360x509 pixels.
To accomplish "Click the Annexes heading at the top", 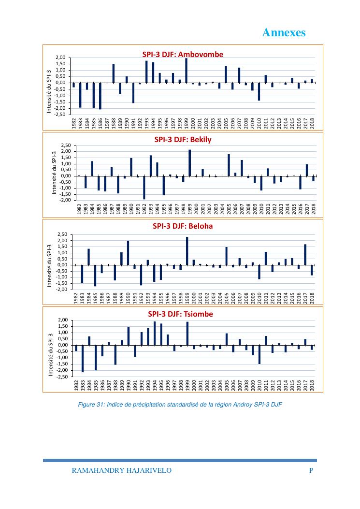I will pyautogui.click(x=284, y=32).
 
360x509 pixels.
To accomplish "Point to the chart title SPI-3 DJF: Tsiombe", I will pyautogui.click(x=180, y=314).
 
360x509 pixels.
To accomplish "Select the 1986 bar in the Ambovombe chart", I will pyautogui.click(x=100, y=96).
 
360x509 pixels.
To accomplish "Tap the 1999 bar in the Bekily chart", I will pyautogui.click(x=189, y=163).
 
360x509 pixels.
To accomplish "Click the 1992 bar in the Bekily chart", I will pyautogui.click(x=144, y=187).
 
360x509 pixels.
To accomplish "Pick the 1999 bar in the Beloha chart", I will pyautogui.click(x=187, y=251).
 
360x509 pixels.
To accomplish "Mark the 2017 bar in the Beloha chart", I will pyautogui.click(x=305, y=255).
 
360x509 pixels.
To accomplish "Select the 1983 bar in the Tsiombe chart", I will pyautogui.click(x=83, y=358).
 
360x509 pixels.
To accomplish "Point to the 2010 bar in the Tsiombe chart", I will pyautogui.click(x=259, y=354).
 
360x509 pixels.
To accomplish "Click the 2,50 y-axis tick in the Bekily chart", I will pyautogui.click(x=65, y=145).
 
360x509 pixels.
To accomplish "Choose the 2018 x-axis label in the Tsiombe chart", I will pyautogui.click(x=313, y=385).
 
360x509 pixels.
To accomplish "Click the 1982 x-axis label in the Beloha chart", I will pyautogui.click(x=76, y=298).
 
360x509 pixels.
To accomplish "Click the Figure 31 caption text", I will pyautogui.click(x=179, y=405).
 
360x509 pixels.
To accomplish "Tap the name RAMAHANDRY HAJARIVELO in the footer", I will pyautogui.click(x=121, y=470).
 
